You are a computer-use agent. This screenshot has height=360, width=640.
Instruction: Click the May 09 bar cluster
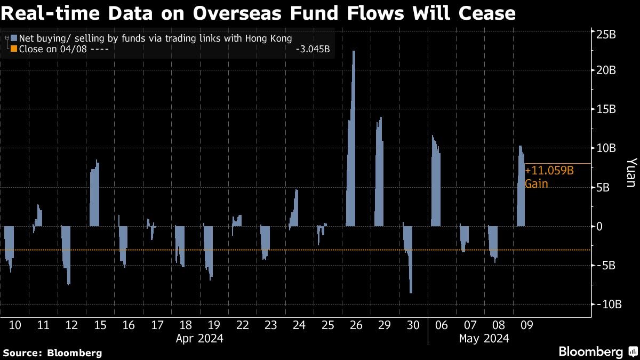point(521,189)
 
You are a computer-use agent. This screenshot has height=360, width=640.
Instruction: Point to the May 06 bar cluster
point(436,184)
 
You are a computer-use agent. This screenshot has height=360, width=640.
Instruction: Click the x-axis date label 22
point(242,325)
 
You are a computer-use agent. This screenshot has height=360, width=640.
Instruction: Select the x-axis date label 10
point(15,325)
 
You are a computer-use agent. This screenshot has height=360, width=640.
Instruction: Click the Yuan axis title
point(630,172)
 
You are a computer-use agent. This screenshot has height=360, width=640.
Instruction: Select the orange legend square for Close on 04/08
point(14,50)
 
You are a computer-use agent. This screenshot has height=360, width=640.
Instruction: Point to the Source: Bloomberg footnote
point(52,353)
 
